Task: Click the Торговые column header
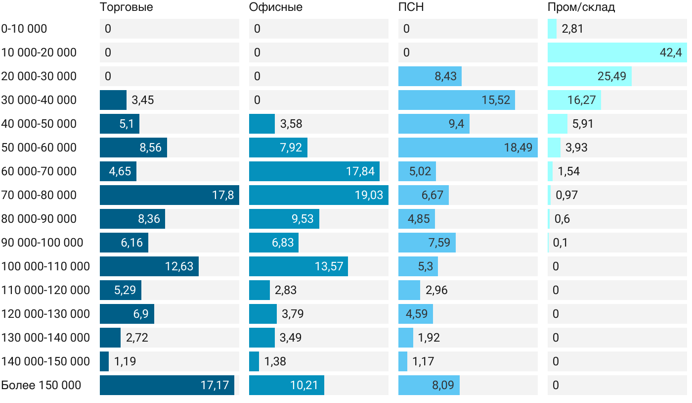[x=126, y=7]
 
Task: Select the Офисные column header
[x=275, y=7]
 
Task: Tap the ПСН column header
[x=411, y=7]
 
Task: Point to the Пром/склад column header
[x=581, y=7]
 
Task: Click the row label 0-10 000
[x=24, y=29]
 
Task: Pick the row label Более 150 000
[x=41, y=385]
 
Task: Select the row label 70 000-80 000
[x=39, y=195]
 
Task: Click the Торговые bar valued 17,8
[x=169, y=195]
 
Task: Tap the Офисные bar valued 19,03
[x=318, y=195]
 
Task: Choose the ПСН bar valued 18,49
[x=468, y=148]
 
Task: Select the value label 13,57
[x=329, y=266]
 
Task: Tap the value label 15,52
[x=496, y=100]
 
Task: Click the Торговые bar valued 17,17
[x=167, y=385]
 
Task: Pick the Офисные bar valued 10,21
[x=286, y=385]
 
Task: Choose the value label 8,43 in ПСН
[x=445, y=76]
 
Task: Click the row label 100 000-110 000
[x=45, y=266]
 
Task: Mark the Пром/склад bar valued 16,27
[x=574, y=100]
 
